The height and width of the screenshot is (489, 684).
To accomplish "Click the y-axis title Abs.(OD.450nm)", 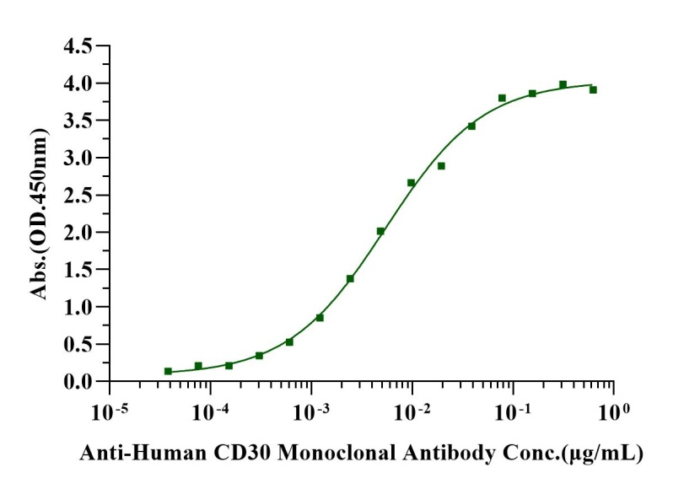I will [39, 212].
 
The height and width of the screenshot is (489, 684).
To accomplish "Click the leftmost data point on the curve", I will [168, 371].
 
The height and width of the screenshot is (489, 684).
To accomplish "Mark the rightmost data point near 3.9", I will [593, 89].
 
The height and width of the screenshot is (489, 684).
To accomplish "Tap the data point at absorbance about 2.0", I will [380, 231].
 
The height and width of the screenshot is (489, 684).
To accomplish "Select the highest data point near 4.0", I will [563, 84].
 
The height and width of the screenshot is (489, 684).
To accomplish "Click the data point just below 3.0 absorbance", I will [441, 166].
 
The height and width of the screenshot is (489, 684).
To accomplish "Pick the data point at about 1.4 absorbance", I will [350, 278].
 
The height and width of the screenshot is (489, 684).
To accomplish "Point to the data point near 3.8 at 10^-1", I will [502, 98].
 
